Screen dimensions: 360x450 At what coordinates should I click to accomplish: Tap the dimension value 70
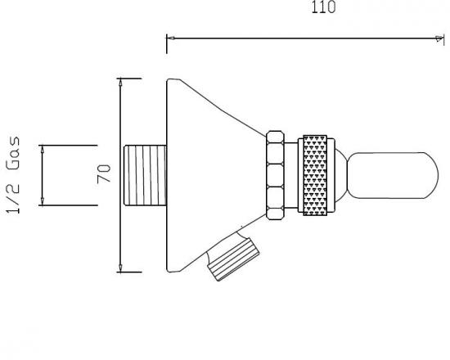pyautogui.click(x=104, y=174)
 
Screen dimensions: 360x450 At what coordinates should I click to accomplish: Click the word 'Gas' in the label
pyautogui.click(x=13, y=152)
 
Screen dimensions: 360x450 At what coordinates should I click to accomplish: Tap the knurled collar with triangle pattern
pyautogui.click(x=319, y=174)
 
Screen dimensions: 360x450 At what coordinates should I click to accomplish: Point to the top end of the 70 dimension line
pyautogui.click(x=120, y=79)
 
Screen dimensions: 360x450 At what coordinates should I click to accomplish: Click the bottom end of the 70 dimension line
pyautogui.click(x=120, y=271)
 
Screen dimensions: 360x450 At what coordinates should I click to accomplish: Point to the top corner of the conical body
pyautogui.click(x=169, y=79)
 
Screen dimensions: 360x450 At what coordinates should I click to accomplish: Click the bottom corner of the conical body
pyautogui.click(x=169, y=271)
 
